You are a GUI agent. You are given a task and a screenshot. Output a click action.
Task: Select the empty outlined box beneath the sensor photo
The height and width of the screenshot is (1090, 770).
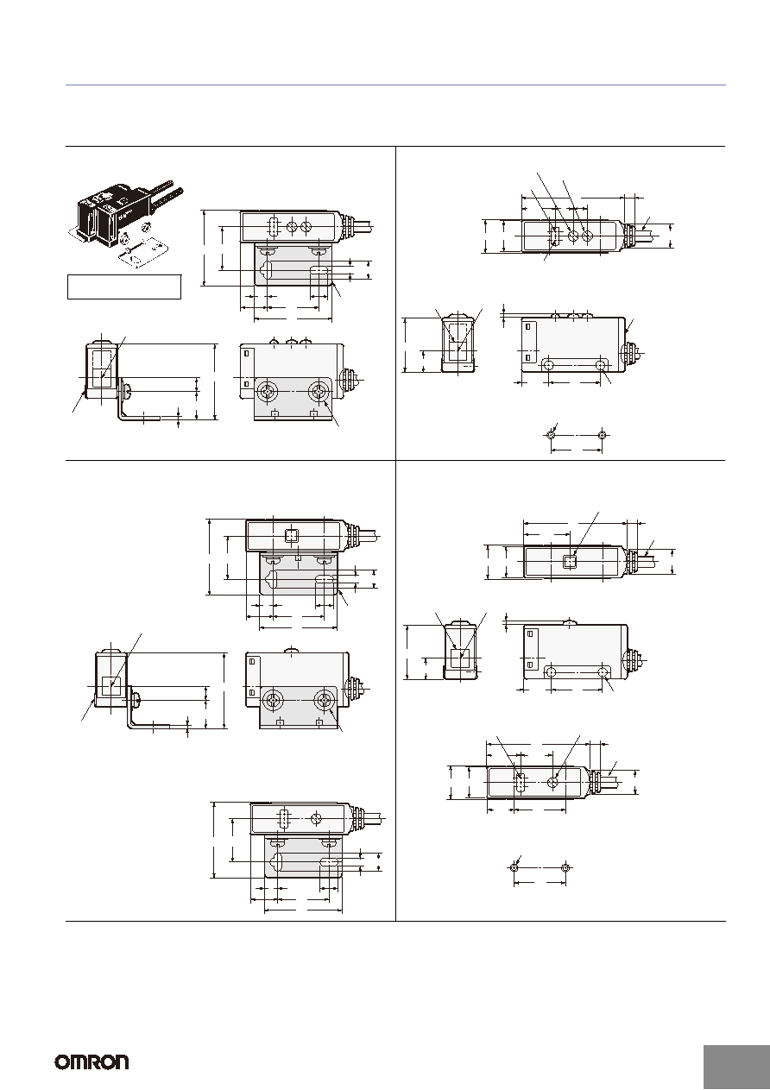pyautogui.click(x=124, y=287)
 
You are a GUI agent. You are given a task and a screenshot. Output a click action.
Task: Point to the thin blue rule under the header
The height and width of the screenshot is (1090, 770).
pyautogui.click(x=395, y=85)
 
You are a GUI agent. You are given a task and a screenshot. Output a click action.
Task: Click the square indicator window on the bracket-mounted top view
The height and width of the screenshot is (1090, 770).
pyautogui.click(x=291, y=536)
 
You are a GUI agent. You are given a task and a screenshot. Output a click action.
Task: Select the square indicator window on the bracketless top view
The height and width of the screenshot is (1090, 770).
pyautogui.click(x=570, y=562)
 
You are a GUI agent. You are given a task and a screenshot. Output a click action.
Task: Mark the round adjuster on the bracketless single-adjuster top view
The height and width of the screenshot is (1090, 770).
pyautogui.click(x=553, y=783)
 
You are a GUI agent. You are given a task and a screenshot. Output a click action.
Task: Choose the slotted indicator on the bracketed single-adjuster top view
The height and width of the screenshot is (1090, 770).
pyautogui.click(x=283, y=818)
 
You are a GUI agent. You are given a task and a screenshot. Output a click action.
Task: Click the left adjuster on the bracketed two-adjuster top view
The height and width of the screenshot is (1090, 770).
pyautogui.click(x=292, y=226)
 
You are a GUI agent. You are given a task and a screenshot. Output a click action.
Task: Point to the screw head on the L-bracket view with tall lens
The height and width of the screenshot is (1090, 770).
pyautogui.click(x=128, y=391)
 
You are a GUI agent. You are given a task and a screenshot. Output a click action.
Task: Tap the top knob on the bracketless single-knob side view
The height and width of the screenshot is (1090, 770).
pyautogui.click(x=570, y=622)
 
